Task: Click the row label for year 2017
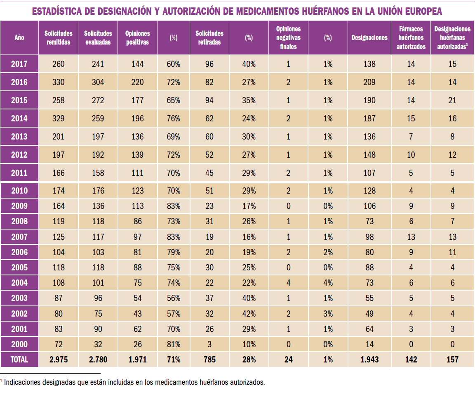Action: click(x=19, y=64)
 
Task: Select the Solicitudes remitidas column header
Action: click(x=58, y=38)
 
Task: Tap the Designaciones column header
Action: click(x=369, y=38)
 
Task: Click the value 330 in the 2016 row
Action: click(x=59, y=82)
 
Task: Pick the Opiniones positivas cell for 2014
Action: click(x=137, y=118)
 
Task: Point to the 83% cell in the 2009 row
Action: click(x=174, y=206)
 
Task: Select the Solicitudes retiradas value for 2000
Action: click(x=209, y=344)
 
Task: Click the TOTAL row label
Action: click(x=19, y=360)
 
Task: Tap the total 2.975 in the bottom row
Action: click(x=59, y=360)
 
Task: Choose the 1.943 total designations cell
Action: click(x=369, y=360)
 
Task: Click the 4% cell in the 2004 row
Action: click(x=328, y=283)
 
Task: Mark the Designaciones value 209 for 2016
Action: click(x=369, y=82)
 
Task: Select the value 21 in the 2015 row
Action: click(x=452, y=100)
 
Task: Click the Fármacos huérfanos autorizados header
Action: click(x=411, y=38)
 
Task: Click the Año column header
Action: click(x=19, y=38)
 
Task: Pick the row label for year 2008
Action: click(x=19, y=221)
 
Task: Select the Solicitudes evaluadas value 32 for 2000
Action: click(x=98, y=344)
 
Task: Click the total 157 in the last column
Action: click(x=452, y=360)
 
